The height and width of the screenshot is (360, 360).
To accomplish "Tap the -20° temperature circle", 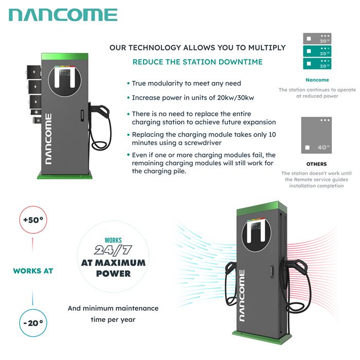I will [x=33, y=323].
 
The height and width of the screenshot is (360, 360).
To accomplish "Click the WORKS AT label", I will [x=33, y=271].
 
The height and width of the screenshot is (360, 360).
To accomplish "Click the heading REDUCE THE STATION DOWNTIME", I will [x=197, y=62].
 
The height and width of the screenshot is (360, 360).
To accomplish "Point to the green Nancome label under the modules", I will [x=317, y=80].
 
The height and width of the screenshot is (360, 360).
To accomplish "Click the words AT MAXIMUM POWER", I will [x=113, y=267].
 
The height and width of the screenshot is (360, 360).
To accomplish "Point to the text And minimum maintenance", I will [x=113, y=309].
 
